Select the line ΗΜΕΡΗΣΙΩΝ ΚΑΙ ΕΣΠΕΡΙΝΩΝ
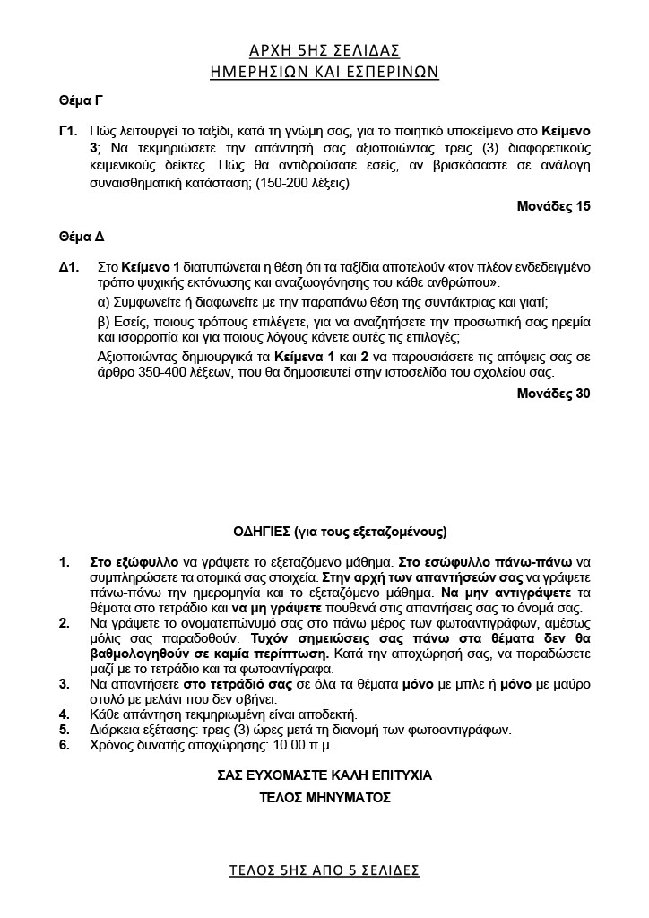[x=324, y=72]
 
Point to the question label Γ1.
[x=69, y=132]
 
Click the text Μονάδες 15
[x=553, y=206]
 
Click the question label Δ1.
[x=70, y=267]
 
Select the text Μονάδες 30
[x=553, y=393]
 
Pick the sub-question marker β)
[x=103, y=321]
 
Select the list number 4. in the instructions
[x=65, y=714]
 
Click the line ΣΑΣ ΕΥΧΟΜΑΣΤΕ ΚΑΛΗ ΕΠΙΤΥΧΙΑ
[x=324, y=775]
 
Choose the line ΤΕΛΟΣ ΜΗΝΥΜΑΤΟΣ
[x=324, y=796]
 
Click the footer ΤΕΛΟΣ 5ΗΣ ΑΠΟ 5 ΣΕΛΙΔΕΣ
[x=324, y=870]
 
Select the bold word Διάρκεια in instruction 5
[x=116, y=731]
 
